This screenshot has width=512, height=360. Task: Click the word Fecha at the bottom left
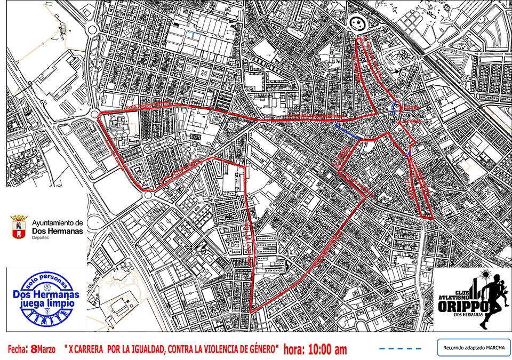18,349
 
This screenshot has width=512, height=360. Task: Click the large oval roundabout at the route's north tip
358,23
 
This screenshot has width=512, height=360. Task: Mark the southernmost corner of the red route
251,313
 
